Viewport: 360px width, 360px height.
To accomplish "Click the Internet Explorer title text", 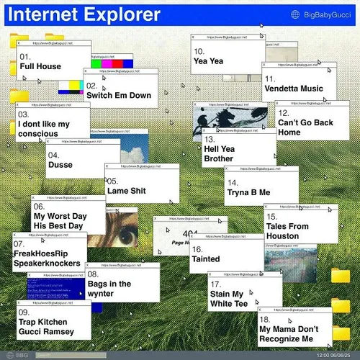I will point(85,14).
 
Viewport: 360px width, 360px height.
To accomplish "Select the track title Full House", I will point(40,66).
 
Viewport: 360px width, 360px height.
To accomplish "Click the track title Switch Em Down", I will point(119,95).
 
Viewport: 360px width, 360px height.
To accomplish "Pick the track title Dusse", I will point(60,165).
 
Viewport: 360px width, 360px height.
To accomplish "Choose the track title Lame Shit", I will point(127,191).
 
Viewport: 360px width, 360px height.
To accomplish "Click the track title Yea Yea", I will point(208,61).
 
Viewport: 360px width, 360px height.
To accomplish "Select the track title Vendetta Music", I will point(294,89).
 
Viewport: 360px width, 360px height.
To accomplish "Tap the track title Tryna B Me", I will point(250,192).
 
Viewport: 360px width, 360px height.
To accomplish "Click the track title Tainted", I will point(206,259).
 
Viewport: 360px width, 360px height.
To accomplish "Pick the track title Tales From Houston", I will point(287,231).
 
